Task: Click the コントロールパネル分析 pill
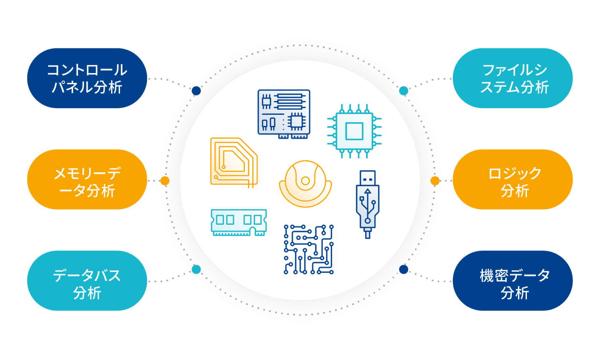(87, 78)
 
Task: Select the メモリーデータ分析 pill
(87, 180)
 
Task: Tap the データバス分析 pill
(87, 281)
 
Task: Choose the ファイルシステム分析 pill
(513, 78)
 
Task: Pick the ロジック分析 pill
(513, 180)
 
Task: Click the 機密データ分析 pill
(513, 281)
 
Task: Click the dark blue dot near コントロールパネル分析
(196, 91)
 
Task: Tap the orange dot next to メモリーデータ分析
(165, 181)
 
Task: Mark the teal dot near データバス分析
(196, 270)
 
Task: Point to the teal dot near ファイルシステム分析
(404, 91)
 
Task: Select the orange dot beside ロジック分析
(435, 181)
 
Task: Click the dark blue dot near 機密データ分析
(404, 270)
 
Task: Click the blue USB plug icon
(368, 205)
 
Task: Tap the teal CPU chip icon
(354, 131)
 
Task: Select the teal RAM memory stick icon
(239, 223)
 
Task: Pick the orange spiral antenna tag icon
(234, 162)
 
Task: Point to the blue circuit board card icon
(284, 114)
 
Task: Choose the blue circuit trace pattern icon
(308, 249)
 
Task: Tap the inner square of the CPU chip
(354, 131)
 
